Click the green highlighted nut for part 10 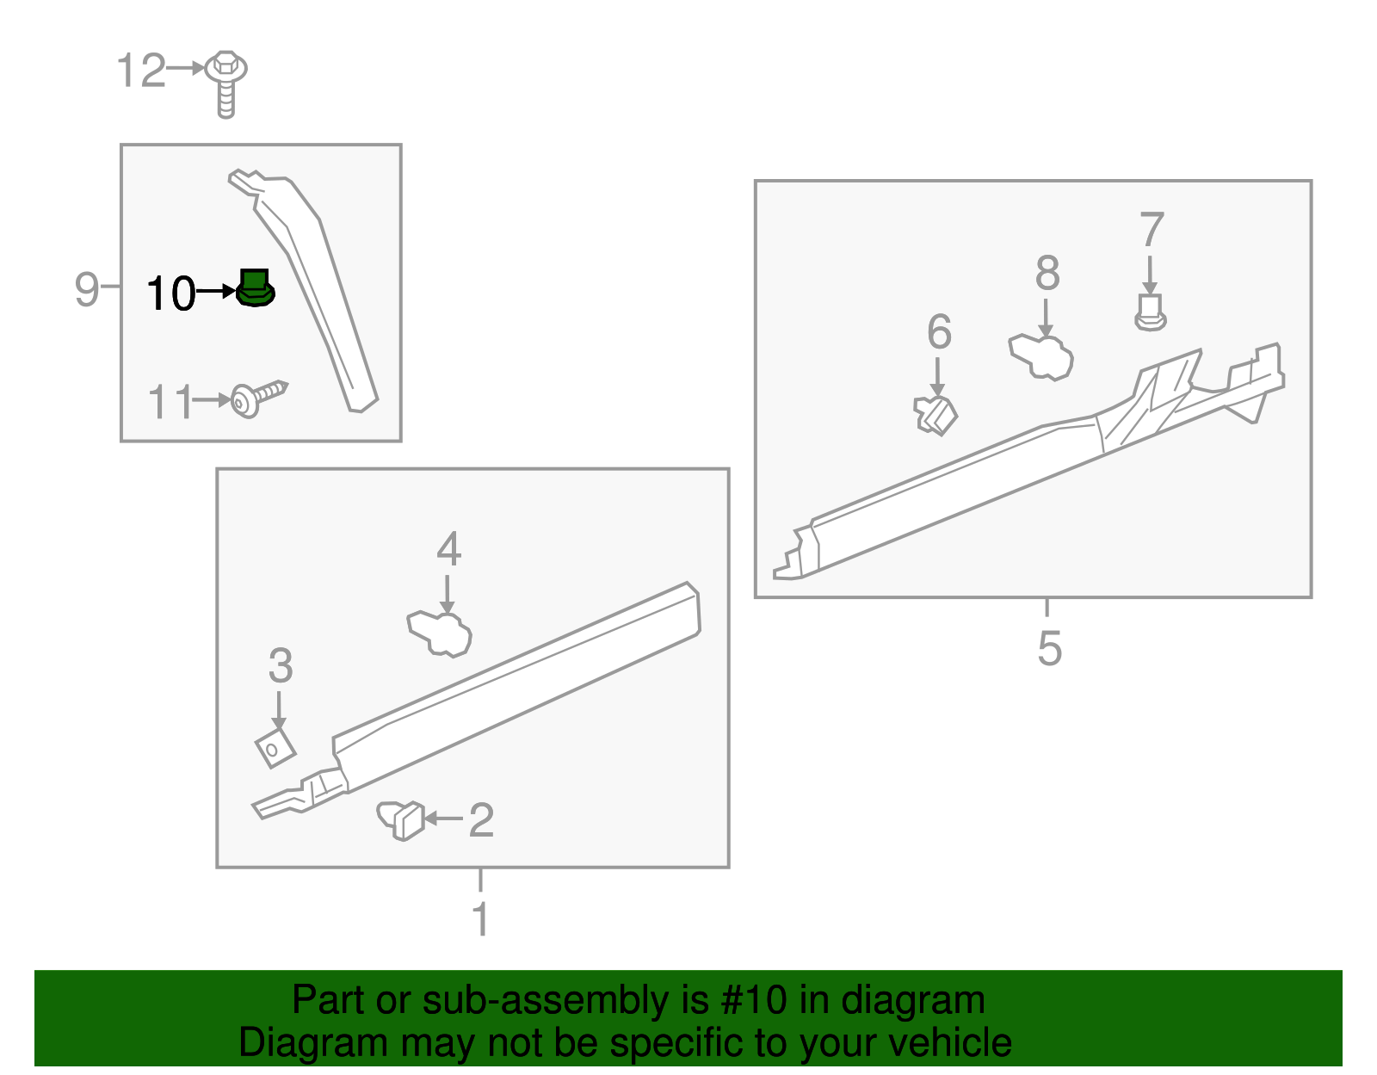(x=254, y=288)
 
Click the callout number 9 (x=86, y=289)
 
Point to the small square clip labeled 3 (x=275, y=747)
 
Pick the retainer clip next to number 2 (x=402, y=819)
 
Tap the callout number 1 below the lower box (x=480, y=918)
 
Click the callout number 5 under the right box (x=1048, y=647)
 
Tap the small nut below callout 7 (x=1150, y=313)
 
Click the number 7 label (x=1152, y=231)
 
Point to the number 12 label (x=140, y=71)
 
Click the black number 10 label (x=171, y=293)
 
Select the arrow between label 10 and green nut (x=215, y=293)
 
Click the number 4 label (x=448, y=549)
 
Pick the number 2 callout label (x=481, y=820)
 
